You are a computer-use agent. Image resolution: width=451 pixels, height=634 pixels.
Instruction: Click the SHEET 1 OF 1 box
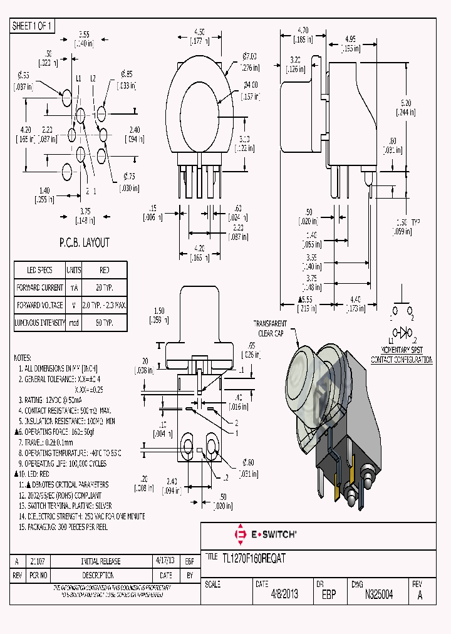point(33,26)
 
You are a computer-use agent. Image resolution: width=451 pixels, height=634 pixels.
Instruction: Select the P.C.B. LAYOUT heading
point(84,242)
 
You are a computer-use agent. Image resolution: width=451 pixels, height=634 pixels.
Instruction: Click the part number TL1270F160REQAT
point(254,559)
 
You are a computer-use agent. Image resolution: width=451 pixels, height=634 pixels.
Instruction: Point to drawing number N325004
point(378,595)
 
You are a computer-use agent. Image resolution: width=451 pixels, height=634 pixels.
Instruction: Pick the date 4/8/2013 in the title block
point(284,595)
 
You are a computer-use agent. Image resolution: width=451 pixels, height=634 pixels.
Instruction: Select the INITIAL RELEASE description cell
point(101,561)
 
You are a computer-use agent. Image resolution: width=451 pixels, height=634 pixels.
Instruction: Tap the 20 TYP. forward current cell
point(105,288)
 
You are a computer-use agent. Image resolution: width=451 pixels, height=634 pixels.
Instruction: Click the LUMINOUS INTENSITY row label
point(39,323)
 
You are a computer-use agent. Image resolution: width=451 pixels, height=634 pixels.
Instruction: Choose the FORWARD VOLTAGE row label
point(39,305)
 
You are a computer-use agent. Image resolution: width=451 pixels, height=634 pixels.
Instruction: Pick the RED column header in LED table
point(105,270)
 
